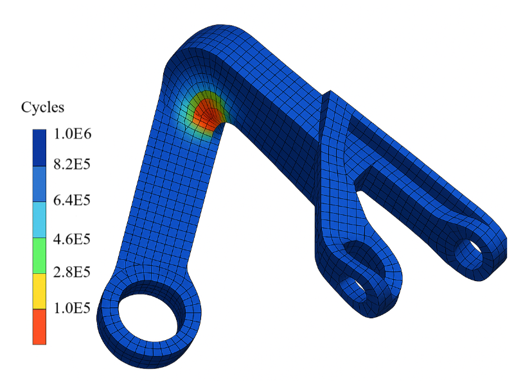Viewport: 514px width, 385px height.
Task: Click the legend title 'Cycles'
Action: point(43,107)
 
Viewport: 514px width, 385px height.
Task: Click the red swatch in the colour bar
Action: point(39,327)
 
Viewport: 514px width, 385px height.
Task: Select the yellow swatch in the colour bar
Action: point(39,291)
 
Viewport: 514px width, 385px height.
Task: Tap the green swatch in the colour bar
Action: point(39,255)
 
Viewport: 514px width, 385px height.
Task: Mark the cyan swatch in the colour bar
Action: point(39,219)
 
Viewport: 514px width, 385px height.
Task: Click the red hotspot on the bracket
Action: point(207,113)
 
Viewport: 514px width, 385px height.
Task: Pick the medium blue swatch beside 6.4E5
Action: point(39,184)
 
